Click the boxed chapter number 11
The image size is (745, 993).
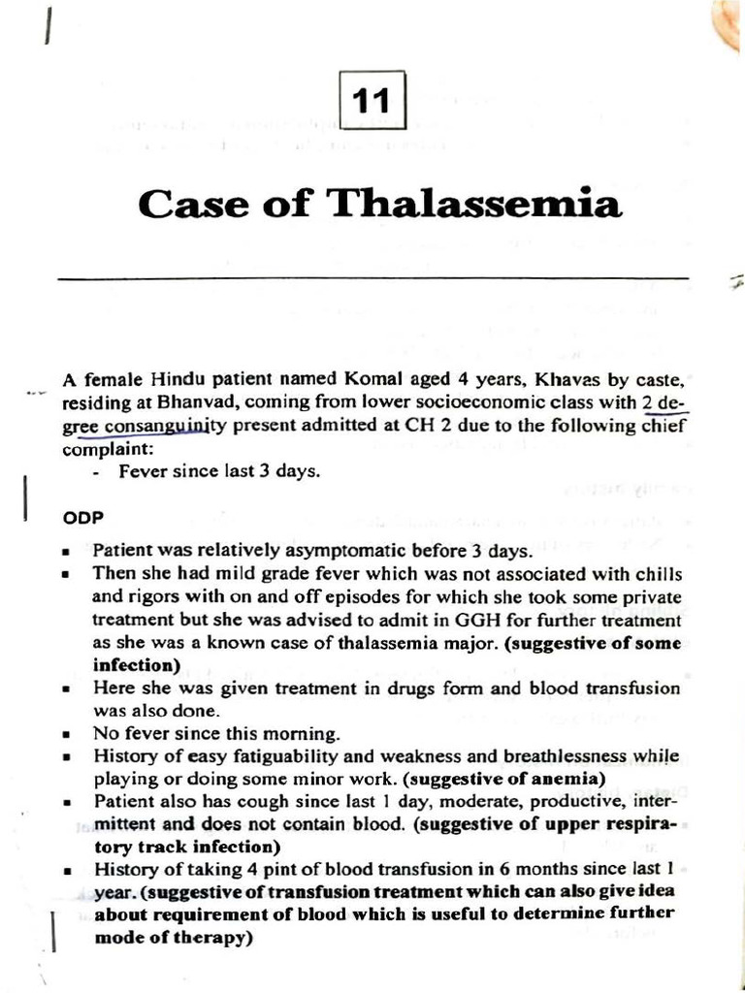coord(372,101)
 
